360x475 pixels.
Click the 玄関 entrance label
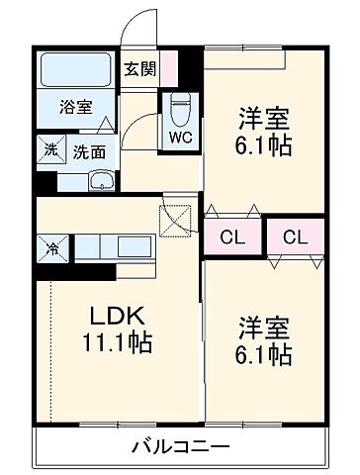(137, 69)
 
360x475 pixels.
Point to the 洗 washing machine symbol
(49, 151)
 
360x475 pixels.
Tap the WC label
(179, 137)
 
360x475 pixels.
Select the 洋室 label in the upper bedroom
(264, 119)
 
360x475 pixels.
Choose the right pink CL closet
(295, 237)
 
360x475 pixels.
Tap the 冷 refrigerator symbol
(49, 247)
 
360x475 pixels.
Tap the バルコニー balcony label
(181, 446)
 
